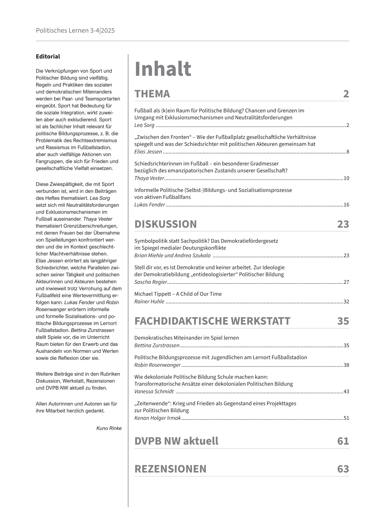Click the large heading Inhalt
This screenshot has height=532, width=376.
coord(163,69)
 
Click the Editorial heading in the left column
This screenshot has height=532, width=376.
coord(48,57)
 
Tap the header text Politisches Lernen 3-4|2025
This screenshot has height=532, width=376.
coord(75,31)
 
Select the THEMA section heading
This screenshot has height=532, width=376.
coord(152,94)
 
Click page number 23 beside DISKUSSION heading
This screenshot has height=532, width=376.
coord(343,224)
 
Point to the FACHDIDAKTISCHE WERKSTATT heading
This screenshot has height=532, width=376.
coord(212,321)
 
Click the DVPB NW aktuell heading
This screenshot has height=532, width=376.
coord(176,441)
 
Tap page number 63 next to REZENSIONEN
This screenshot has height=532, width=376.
coord(343,469)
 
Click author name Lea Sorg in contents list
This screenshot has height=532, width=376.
coord(144,125)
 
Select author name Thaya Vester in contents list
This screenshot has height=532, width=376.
coord(149,178)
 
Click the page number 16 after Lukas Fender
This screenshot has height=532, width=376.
coord(346,205)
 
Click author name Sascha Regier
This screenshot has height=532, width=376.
coord(150,282)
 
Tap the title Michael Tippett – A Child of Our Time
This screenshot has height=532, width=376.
coord(178,294)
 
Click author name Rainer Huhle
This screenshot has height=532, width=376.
coord(149,302)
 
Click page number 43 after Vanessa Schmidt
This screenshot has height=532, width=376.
coord(346,392)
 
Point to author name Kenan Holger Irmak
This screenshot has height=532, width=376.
coord(157,418)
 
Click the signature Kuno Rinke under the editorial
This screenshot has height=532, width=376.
coord(109,428)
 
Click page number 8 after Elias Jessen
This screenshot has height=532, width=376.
coord(348,152)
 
